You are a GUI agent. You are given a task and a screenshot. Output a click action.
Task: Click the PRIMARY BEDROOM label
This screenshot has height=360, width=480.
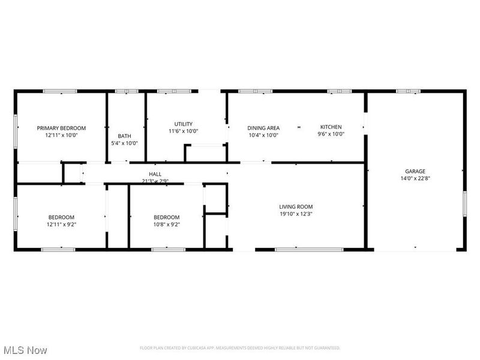click(x=61, y=128)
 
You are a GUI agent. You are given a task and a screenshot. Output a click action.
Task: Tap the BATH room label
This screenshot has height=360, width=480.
click(x=124, y=136)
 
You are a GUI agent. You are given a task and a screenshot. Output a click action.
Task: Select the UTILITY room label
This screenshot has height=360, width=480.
click(x=183, y=124)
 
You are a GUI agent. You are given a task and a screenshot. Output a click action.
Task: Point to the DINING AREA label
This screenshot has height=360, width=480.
click(x=263, y=128)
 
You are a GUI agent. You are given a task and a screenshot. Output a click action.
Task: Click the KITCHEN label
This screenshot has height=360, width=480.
click(x=331, y=127)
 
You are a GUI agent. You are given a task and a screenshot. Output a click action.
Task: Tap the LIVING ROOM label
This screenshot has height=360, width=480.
click(x=296, y=206)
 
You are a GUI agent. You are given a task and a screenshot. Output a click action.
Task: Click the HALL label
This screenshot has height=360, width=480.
click(x=155, y=174)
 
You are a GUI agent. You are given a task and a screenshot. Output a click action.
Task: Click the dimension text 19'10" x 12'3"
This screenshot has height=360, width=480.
click(x=296, y=214)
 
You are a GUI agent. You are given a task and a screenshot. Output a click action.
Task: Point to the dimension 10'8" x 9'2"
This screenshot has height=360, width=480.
click(x=166, y=224)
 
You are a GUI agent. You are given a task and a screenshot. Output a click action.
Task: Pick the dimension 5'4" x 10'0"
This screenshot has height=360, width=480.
click(x=124, y=143)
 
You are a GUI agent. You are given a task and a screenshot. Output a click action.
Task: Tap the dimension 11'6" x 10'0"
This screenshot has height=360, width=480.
click(x=183, y=131)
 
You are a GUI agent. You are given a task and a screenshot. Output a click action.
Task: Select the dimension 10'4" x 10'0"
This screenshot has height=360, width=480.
click(x=263, y=135)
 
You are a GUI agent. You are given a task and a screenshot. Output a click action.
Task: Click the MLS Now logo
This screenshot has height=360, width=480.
click(x=25, y=349)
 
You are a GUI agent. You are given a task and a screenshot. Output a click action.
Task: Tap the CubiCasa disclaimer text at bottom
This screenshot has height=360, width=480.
click(x=240, y=348)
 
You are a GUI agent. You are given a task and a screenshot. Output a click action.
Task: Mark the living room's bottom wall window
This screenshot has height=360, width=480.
click(x=309, y=249)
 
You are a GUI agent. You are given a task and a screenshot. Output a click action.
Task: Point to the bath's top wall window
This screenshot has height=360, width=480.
click(x=127, y=91)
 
